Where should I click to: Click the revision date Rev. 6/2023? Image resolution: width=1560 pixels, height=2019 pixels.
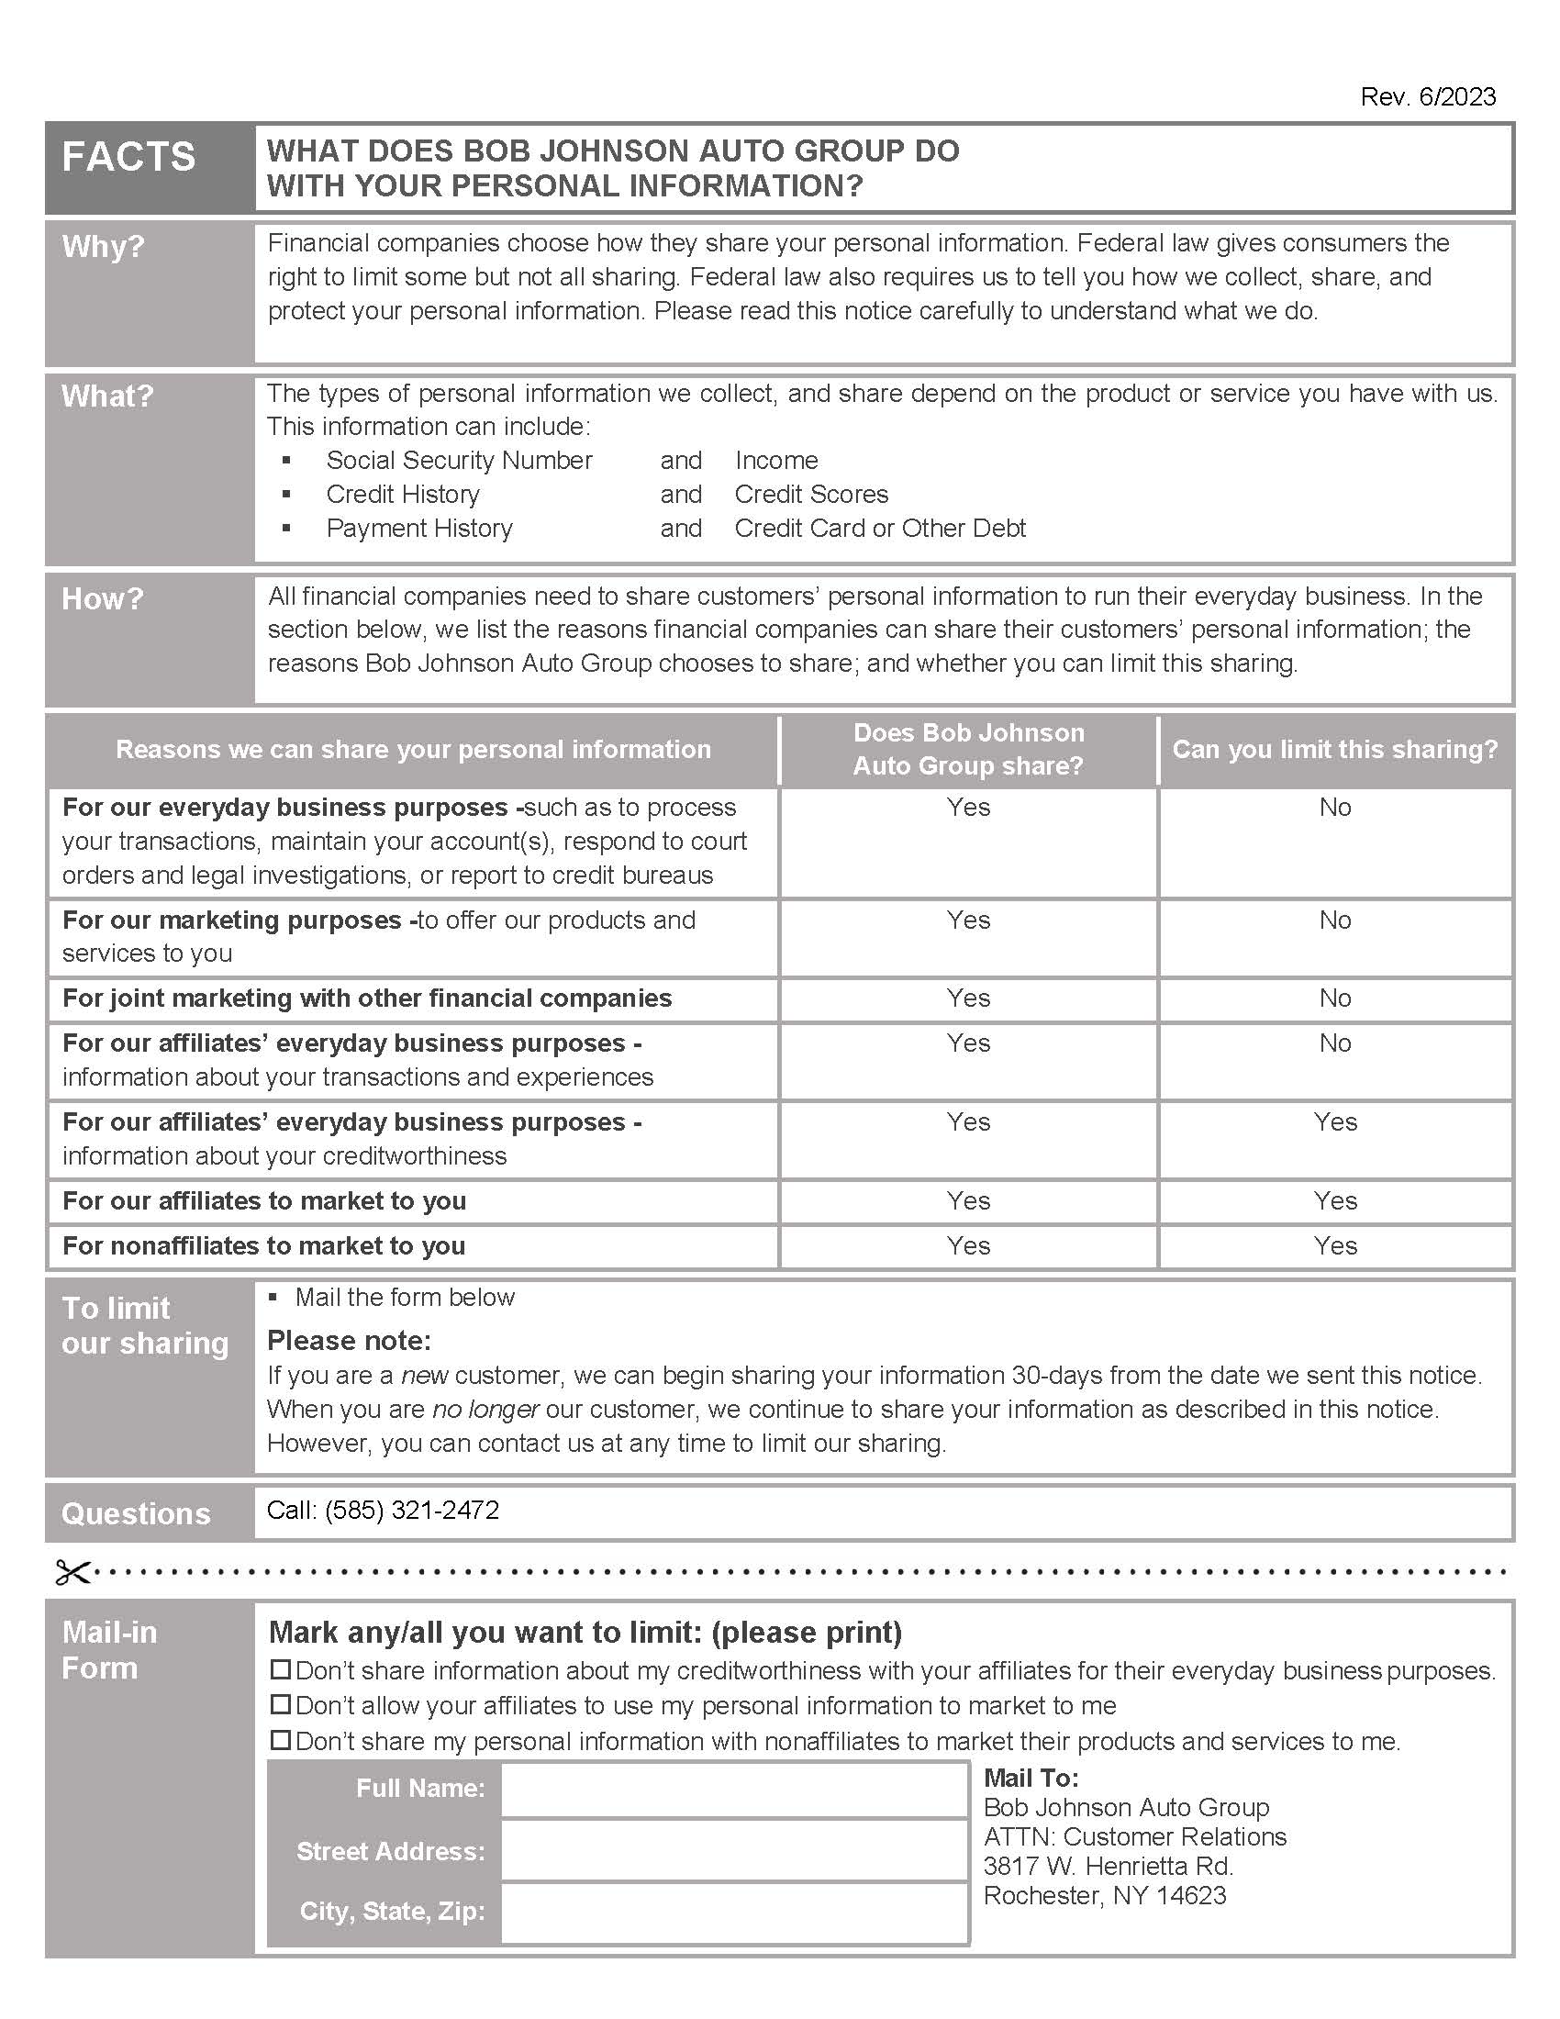pos(1427,97)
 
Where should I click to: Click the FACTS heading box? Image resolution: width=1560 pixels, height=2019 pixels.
pos(128,157)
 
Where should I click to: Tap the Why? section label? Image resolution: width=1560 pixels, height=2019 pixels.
pos(104,247)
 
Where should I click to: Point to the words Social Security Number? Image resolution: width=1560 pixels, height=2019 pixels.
pos(459,461)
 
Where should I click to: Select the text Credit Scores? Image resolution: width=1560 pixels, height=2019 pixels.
pos(810,495)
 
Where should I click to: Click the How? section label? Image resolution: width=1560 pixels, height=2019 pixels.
pos(103,599)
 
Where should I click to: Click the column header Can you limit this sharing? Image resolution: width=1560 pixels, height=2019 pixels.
pos(1334,750)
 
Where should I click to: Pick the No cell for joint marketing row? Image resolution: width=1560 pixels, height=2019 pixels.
pos(1334,998)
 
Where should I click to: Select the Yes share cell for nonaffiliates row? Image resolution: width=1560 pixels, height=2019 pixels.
pos(967,1246)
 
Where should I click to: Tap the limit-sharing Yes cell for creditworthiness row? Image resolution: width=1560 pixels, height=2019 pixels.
pos(1334,1122)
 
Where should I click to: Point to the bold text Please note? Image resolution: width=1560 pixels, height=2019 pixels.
pos(349,1341)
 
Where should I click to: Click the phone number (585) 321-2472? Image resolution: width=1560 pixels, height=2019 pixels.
pos(411,1511)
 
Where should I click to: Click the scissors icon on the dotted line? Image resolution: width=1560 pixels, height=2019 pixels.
pos(72,1572)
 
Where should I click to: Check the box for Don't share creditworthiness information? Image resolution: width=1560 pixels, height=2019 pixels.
pos(280,1670)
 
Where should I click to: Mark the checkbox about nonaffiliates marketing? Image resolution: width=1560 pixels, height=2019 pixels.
pos(280,1741)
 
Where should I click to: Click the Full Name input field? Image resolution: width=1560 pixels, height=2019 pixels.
pos(734,1790)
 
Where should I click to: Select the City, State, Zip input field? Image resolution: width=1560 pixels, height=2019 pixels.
pos(734,1912)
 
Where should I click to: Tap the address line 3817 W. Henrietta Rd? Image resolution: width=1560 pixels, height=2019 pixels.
pos(1108,1867)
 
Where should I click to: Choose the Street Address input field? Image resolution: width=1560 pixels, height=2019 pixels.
pos(734,1851)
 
